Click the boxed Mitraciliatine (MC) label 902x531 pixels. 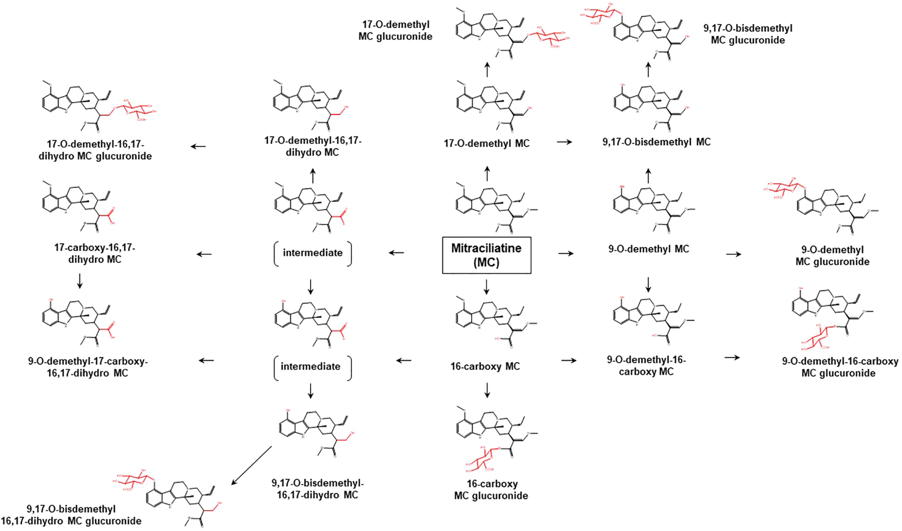486,255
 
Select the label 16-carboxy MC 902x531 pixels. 485,366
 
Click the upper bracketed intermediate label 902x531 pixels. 313,253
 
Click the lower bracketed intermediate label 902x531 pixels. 311,367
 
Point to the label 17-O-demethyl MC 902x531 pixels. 487,144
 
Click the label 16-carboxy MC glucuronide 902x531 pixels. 491,489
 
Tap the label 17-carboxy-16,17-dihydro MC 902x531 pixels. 95,254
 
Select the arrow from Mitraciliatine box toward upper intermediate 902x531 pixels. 397,253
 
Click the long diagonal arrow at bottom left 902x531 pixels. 251,465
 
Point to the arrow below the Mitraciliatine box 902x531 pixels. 487,287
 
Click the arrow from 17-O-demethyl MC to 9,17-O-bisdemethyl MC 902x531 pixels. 564,142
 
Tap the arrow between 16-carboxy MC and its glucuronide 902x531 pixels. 487,390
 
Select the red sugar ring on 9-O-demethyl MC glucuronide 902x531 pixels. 781,186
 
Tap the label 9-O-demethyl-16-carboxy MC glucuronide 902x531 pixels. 840,367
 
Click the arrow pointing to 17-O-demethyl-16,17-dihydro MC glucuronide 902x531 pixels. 198,147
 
